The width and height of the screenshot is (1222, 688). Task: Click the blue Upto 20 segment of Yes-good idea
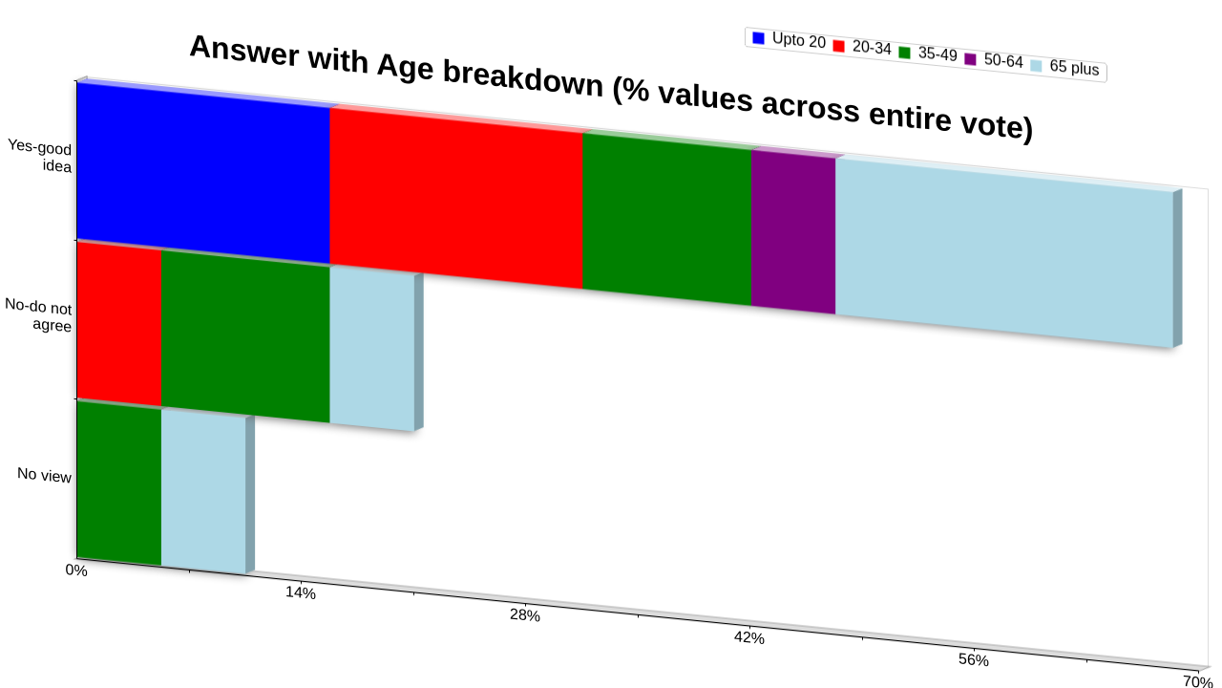click(x=203, y=174)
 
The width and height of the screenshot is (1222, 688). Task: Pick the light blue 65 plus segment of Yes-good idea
click(x=1004, y=253)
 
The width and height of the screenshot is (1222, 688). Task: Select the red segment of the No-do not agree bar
click(x=119, y=325)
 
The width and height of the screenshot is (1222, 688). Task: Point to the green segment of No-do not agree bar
click(x=245, y=337)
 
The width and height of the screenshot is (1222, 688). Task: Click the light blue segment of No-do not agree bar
click(x=372, y=350)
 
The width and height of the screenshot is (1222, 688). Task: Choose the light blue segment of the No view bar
click(x=203, y=492)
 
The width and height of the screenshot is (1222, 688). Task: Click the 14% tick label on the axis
click(x=301, y=593)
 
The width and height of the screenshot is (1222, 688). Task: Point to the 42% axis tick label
click(x=749, y=637)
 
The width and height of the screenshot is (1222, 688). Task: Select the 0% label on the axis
click(x=76, y=570)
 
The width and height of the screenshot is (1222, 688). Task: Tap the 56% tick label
click(x=973, y=660)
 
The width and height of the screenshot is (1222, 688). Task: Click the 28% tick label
click(x=525, y=615)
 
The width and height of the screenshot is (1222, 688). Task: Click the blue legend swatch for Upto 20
click(x=758, y=38)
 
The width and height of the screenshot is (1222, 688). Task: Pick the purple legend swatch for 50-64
click(x=971, y=59)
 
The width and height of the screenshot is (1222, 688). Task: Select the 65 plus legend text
click(x=1074, y=68)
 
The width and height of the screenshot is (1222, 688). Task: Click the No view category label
click(x=44, y=475)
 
